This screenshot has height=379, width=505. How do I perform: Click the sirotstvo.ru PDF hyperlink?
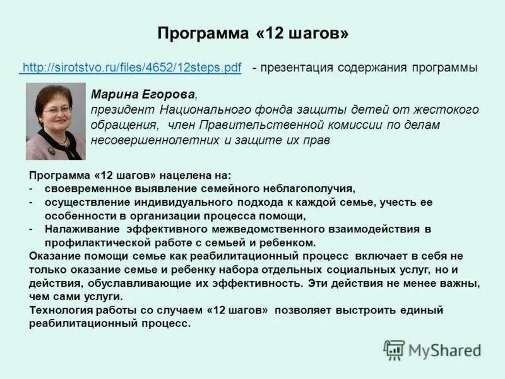tap(131, 68)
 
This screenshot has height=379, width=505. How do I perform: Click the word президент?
tap(120, 110)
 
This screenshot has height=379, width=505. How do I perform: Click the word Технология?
tap(59, 310)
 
